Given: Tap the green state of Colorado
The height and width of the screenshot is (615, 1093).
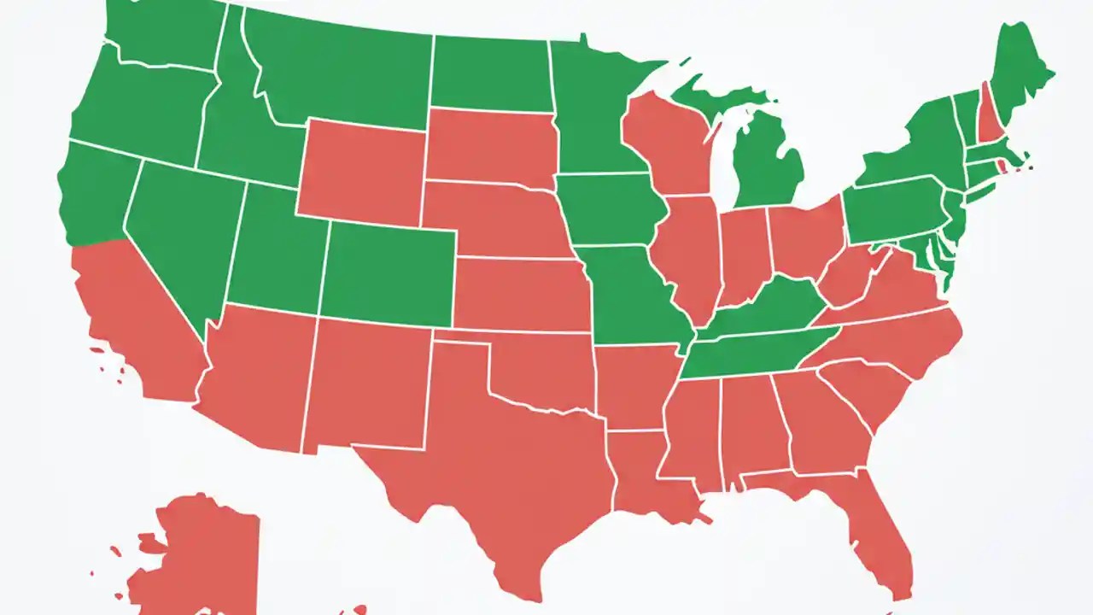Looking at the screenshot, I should pos(389,273).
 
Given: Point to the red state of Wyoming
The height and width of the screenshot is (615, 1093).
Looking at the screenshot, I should pos(363,171).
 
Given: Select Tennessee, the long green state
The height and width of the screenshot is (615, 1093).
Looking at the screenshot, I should pos(751,354).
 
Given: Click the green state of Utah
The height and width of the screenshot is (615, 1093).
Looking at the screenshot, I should pos(278,256).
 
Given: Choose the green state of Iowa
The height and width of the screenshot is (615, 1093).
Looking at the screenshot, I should pos(606,209).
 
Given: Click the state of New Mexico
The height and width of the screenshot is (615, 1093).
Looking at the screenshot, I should pos(367,384).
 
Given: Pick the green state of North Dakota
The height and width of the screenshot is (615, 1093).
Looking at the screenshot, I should pos(491,73).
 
